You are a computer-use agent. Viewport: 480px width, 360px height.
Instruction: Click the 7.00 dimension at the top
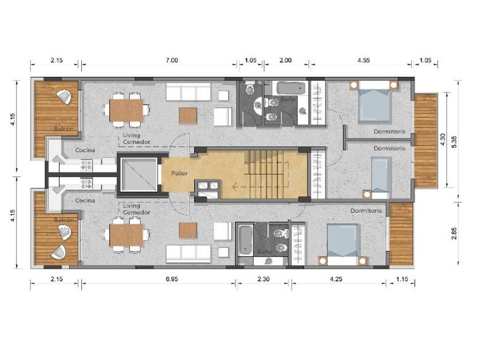(x=172, y=61)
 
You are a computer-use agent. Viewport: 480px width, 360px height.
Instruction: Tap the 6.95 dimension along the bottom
(x=172, y=279)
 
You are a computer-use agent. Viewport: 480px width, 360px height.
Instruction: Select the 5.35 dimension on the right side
(x=454, y=142)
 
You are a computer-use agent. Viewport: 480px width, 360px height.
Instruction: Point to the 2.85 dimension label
(x=454, y=233)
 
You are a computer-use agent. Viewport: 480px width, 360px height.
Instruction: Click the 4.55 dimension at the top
(x=363, y=61)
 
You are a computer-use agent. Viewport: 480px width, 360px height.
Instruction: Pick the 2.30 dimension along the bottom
(x=263, y=279)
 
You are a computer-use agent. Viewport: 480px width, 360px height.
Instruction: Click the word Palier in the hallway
(x=179, y=174)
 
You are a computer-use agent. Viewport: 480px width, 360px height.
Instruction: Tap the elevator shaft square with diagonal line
(x=139, y=175)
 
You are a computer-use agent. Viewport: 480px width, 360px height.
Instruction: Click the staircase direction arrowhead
(x=235, y=186)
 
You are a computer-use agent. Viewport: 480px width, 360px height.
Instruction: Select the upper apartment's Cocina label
(x=85, y=150)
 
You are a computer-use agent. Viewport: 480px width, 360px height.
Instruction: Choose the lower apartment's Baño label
(x=265, y=252)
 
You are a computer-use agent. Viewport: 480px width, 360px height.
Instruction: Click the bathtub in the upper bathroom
(x=291, y=88)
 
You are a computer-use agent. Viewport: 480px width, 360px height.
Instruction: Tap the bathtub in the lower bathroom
(x=246, y=240)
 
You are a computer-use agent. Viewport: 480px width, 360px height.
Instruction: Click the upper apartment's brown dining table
(x=126, y=110)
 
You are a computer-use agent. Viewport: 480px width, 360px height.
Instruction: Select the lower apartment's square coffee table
(x=187, y=230)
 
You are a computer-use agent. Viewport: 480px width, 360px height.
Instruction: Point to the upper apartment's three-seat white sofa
(x=189, y=92)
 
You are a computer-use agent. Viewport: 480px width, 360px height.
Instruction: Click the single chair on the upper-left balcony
(x=65, y=97)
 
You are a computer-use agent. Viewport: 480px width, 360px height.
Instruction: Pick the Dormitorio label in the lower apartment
(x=366, y=211)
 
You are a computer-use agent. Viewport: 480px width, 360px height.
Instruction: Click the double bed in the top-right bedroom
(x=375, y=101)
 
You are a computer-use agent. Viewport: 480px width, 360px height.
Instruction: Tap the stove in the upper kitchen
(x=86, y=165)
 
